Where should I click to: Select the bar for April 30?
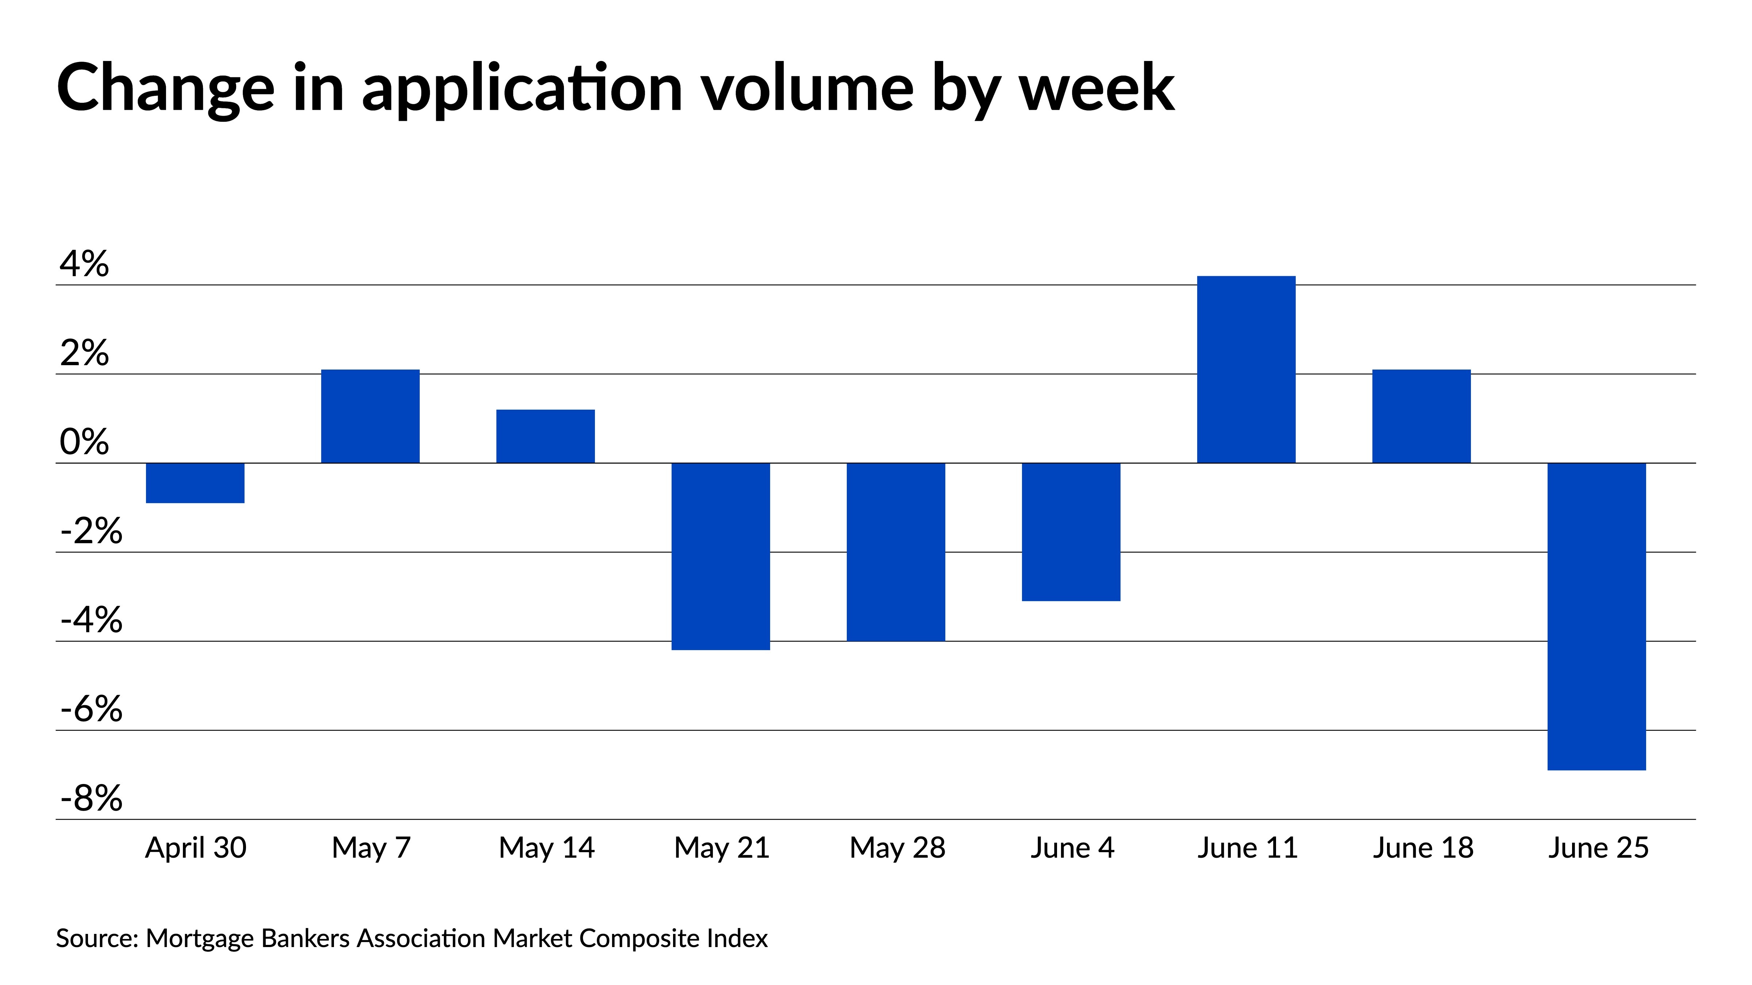tap(195, 483)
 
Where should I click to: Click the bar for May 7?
tap(370, 416)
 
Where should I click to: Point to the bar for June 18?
tap(1421, 416)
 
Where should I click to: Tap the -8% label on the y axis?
tap(91, 798)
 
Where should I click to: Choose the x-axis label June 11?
tap(1247, 848)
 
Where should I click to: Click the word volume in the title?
tap(807, 88)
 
